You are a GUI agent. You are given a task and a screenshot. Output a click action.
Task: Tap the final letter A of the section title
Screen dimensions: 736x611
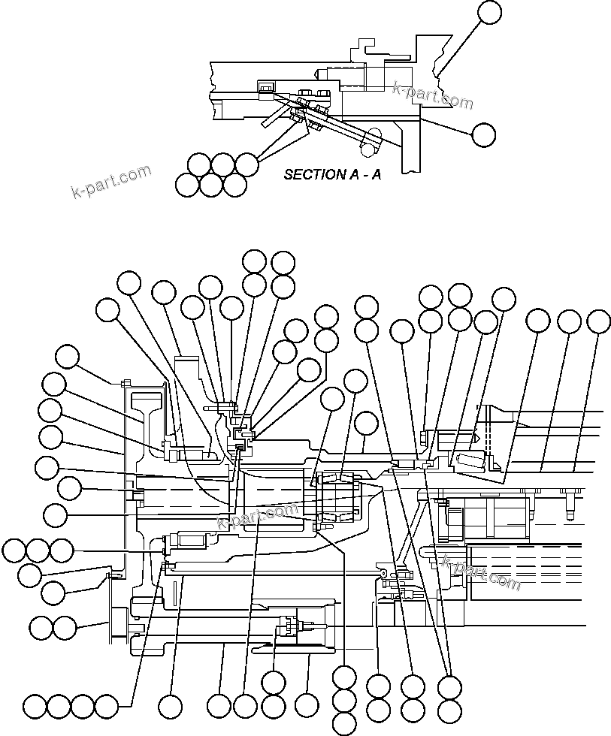coord(376,175)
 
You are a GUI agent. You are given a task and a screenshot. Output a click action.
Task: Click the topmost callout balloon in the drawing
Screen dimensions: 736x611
coord(489,13)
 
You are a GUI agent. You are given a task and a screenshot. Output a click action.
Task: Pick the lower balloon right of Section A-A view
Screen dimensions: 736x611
coord(483,134)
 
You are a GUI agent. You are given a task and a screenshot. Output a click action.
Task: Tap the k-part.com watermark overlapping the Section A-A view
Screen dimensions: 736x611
coord(433,95)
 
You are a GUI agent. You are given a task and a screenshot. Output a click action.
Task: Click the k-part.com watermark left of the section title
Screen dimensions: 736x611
coord(110,182)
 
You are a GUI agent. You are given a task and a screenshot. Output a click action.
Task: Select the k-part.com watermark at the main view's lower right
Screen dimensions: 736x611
coord(481,572)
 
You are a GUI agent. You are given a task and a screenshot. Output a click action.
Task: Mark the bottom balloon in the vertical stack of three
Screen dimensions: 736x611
coord(343,724)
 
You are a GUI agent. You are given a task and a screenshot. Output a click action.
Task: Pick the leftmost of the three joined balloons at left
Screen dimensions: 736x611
coord(14,550)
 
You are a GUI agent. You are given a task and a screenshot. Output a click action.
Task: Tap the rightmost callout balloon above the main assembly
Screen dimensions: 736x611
coord(598,321)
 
